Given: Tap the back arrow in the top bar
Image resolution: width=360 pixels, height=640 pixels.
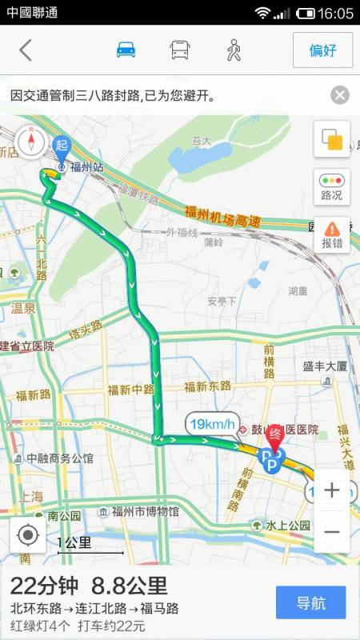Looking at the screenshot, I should tap(26, 50).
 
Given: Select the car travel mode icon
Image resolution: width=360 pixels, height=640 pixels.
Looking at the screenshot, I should tap(126, 50).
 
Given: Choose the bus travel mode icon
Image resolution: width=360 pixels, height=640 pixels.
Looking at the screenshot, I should tap(179, 50).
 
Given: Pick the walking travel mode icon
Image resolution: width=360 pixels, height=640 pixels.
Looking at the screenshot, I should tap(233, 50).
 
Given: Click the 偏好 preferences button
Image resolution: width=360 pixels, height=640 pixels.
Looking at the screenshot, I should tap(322, 50).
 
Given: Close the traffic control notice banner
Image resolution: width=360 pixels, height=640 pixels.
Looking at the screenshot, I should tap(340, 95).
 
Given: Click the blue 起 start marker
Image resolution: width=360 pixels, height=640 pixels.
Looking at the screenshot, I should tap(62, 145).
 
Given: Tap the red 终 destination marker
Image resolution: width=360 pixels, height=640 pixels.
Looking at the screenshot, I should tap(275, 434).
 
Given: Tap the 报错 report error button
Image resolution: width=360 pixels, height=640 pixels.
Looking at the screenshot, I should tap(331, 234).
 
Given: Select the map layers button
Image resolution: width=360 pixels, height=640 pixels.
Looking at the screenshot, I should tap(331, 141).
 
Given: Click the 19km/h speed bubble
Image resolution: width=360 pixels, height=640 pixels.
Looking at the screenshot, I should tap(212, 423).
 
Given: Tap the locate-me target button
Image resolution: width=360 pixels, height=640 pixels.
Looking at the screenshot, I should tap(28, 534).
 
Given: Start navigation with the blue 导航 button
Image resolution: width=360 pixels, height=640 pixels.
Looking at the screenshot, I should tap(310, 602).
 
